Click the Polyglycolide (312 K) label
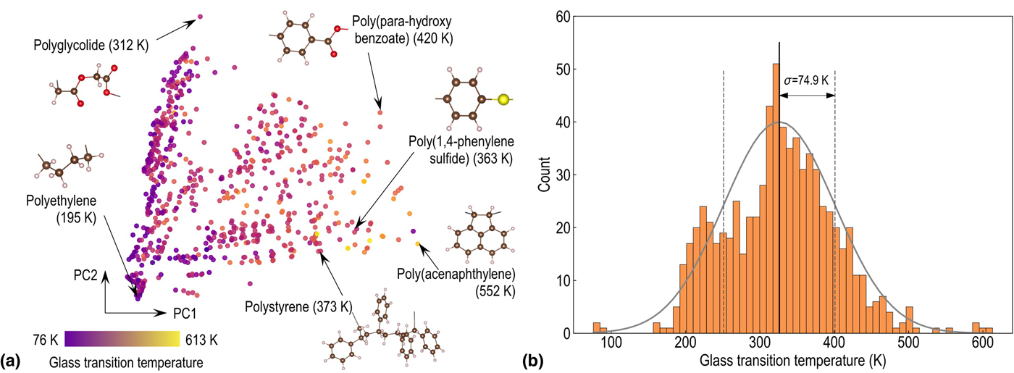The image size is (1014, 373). point(91,45)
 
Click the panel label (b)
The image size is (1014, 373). point(532,360)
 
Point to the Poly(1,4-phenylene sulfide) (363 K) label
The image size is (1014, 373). point(460,150)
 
